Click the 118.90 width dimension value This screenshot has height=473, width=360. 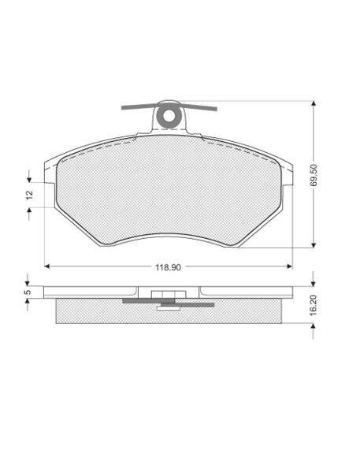click(x=168, y=267)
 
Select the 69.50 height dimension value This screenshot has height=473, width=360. click(x=314, y=175)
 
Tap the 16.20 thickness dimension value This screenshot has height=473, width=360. click(x=314, y=305)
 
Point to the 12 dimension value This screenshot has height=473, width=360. click(x=29, y=195)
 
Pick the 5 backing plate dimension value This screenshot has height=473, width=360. click(x=28, y=292)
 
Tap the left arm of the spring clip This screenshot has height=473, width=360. click(x=139, y=106)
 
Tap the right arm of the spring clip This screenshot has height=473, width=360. click(x=199, y=107)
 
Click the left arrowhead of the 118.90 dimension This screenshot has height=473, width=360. click(x=47, y=266)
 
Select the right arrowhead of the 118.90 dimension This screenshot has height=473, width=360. click(x=290, y=266)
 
